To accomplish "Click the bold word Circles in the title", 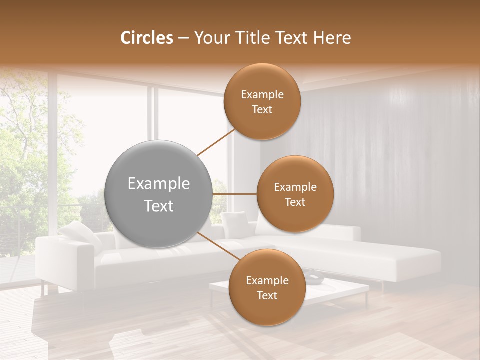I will [146, 38].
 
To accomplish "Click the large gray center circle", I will [159, 194].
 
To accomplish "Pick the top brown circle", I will [262, 102].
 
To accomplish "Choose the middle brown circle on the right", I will [295, 194].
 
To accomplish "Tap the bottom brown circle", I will [267, 288].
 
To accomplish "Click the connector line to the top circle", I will [216, 142].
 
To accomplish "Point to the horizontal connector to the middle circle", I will [234, 194].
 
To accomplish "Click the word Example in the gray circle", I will [159, 184].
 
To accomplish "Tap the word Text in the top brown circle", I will [262, 110].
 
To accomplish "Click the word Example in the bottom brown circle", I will [267, 280].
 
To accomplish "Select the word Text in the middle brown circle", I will [295, 202].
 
